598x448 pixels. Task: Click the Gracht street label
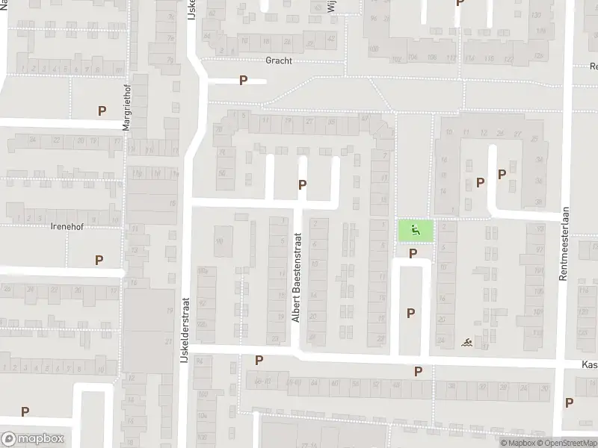point(278,61)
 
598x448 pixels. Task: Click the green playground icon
point(415,231)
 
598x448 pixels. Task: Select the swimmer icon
point(467,343)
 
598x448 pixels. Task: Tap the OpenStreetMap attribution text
point(570,443)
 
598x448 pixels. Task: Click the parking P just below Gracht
point(243,81)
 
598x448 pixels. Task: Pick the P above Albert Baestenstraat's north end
point(302,184)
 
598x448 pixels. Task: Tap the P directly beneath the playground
point(412,255)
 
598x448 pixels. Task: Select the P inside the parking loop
point(410,314)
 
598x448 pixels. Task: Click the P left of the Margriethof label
point(102,111)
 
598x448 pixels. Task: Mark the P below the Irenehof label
point(99,261)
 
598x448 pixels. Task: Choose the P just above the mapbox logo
point(25,411)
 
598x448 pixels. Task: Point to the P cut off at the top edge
point(459,3)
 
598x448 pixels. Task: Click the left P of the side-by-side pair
point(481,181)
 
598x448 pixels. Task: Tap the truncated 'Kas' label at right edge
point(591,364)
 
